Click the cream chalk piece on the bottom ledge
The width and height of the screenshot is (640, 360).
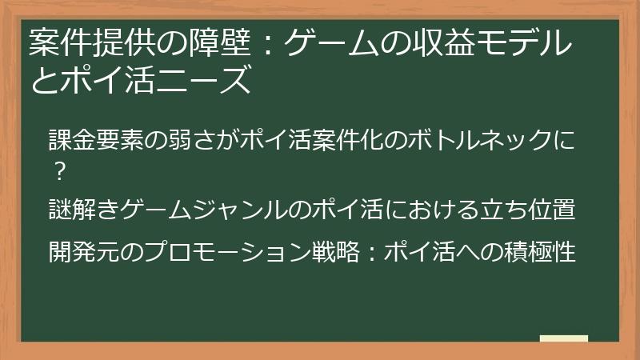563,338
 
